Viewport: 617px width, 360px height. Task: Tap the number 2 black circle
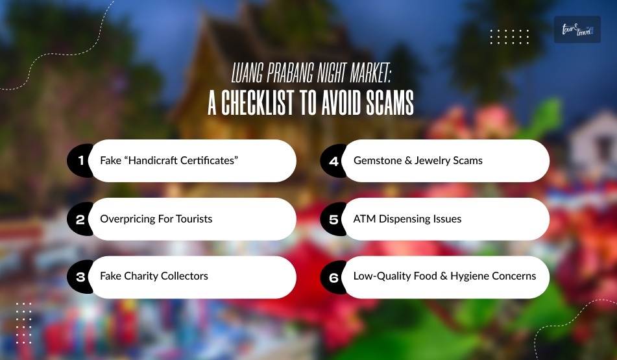80,219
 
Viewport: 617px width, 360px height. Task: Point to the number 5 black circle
333,219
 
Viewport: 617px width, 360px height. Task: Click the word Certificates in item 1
206,160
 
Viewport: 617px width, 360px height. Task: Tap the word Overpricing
127,219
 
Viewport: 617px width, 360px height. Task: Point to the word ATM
364,219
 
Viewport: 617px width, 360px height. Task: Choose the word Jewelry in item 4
436,160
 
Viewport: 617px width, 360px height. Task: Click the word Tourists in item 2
191,219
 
